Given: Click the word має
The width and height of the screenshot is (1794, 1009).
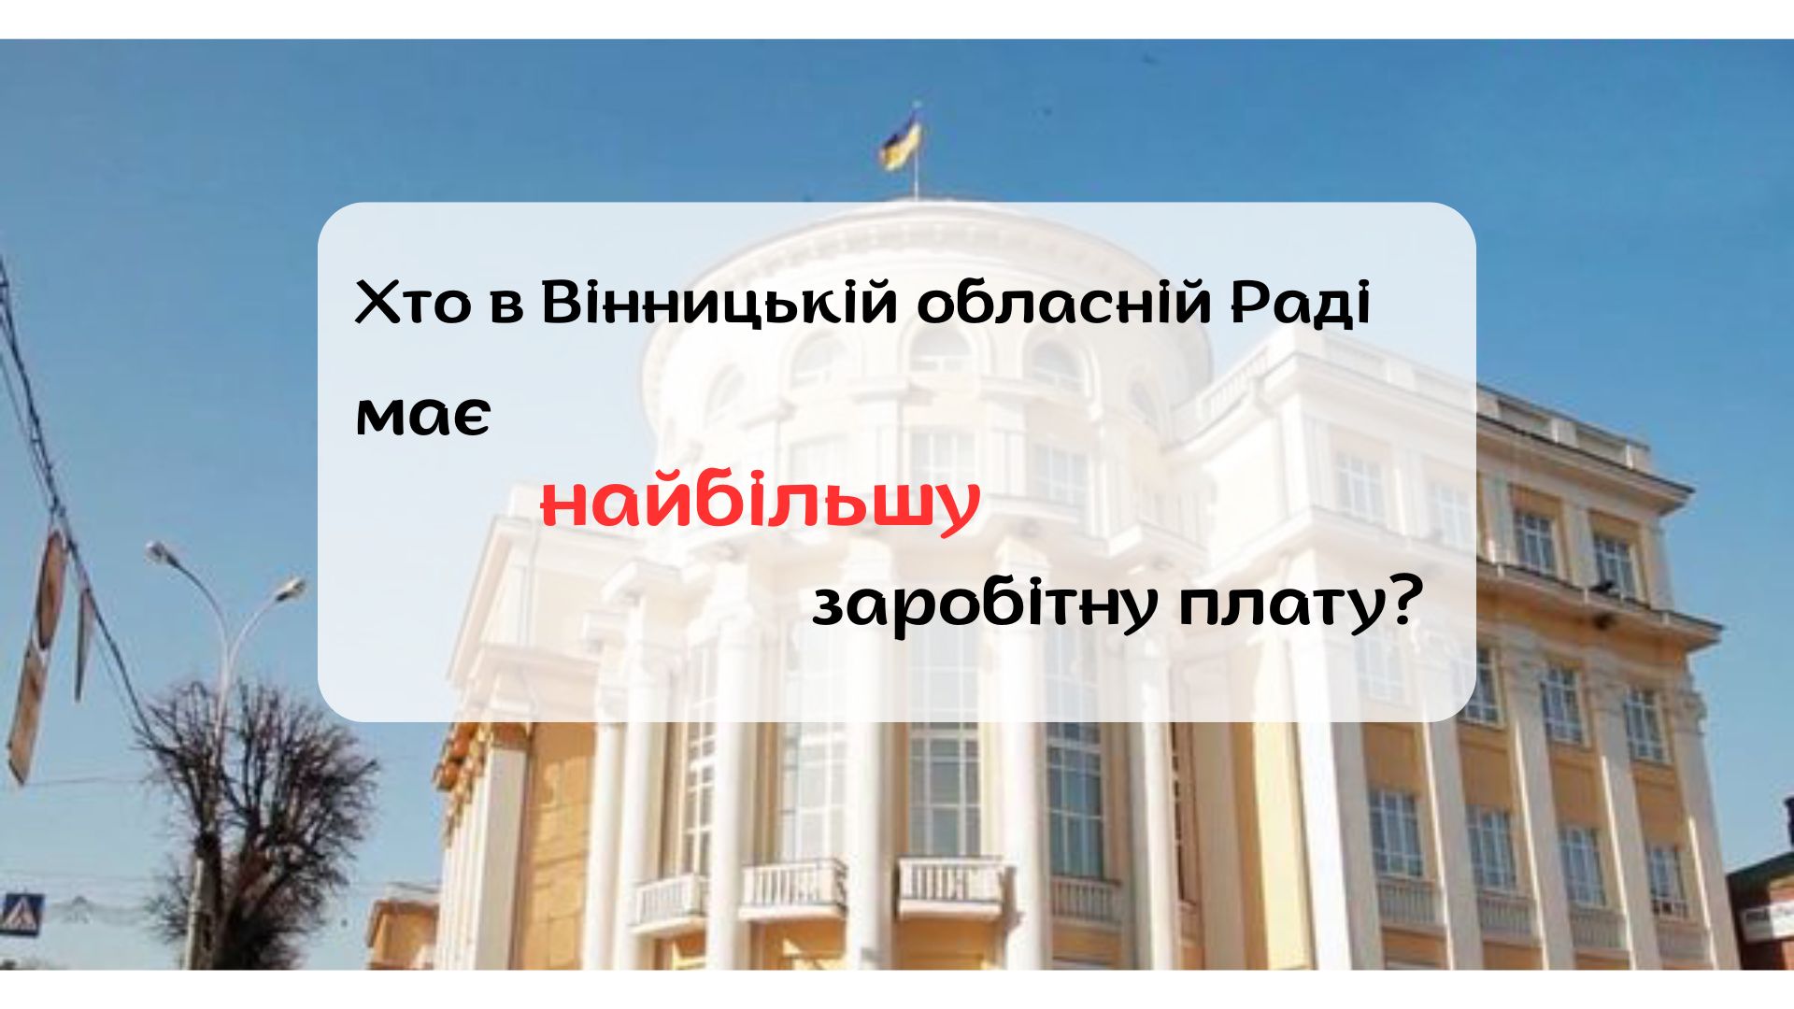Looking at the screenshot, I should [422, 417].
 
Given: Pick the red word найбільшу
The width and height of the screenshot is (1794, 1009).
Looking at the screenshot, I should [760, 504].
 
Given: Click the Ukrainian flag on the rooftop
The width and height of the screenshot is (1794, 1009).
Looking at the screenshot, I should [903, 142].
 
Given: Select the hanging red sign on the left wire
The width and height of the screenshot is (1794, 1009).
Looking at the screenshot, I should [51, 589].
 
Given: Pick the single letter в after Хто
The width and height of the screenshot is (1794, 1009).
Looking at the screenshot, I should [505, 306].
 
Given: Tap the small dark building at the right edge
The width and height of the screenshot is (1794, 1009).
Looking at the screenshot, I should [1761, 906].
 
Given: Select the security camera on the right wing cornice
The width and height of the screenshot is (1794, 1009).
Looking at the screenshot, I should [1603, 589].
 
